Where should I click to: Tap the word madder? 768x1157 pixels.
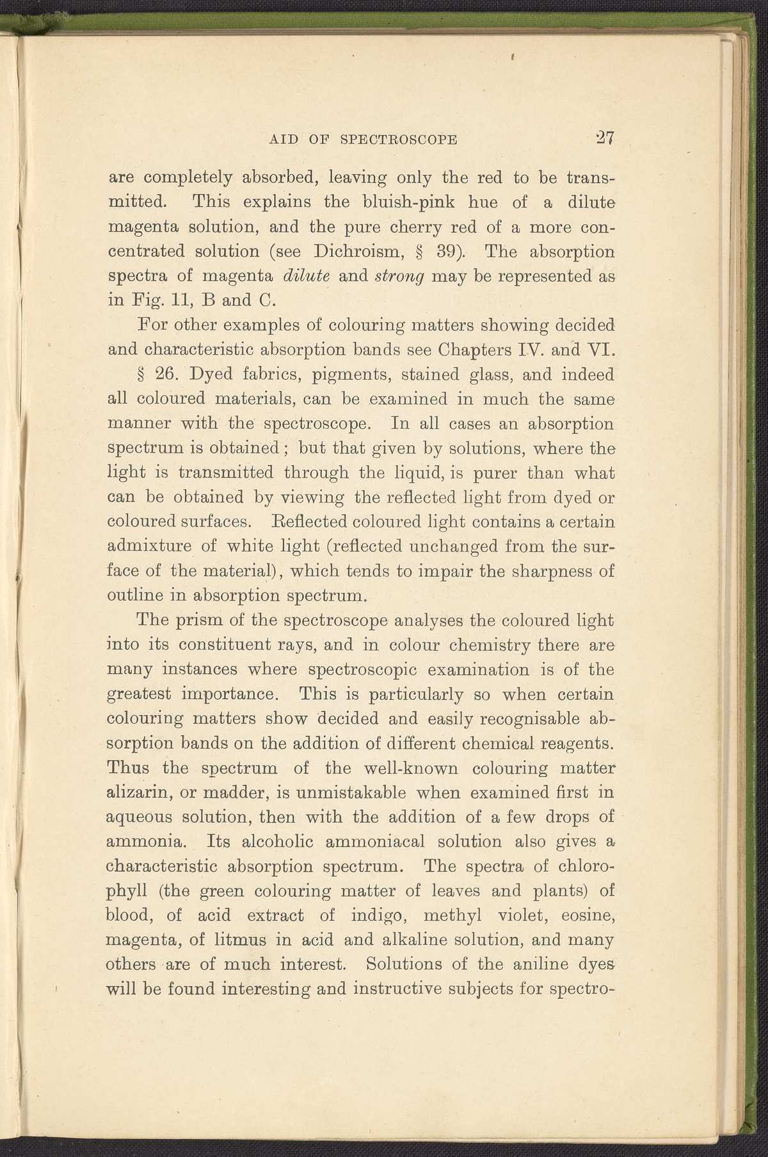220,793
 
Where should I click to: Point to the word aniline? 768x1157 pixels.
538,964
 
